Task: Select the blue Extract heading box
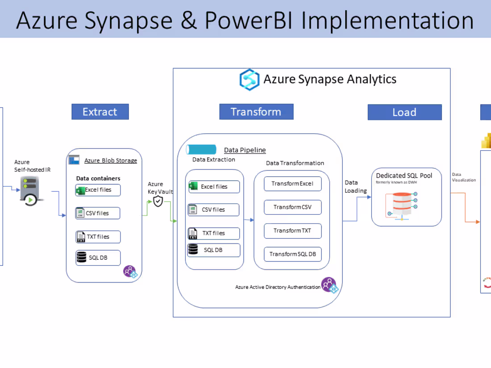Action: pyautogui.click(x=100, y=112)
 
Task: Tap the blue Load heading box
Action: pyautogui.click(x=404, y=112)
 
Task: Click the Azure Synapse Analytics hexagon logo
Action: pyautogui.click(x=249, y=80)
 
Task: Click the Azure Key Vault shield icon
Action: pyautogui.click(x=158, y=201)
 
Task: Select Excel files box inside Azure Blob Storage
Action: pyautogui.click(x=98, y=190)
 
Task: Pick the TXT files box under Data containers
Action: pyautogui.click(x=98, y=237)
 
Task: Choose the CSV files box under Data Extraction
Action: pyautogui.click(x=214, y=210)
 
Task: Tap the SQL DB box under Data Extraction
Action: pyautogui.click(x=214, y=250)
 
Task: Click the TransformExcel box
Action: pyautogui.click(x=292, y=184)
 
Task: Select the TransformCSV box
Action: pyautogui.click(x=292, y=207)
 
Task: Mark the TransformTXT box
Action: pyautogui.click(x=292, y=231)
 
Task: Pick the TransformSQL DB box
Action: pyautogui.click(x=292, y=254)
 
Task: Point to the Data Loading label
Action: pyautogui.click(x=355, y=186)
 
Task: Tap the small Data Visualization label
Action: pyautogui.click(x=464, y=177)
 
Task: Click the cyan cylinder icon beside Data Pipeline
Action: pyautogui.click(x=201, y=150)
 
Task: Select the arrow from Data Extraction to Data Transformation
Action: pyautogui.click(x=249, y=220)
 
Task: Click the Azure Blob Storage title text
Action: pyautogui.click(x=111, y=161)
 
